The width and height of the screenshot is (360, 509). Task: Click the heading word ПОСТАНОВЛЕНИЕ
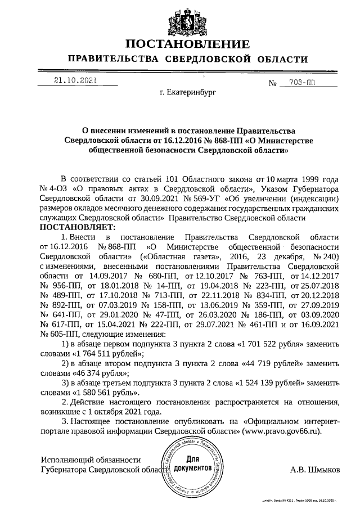187,44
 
